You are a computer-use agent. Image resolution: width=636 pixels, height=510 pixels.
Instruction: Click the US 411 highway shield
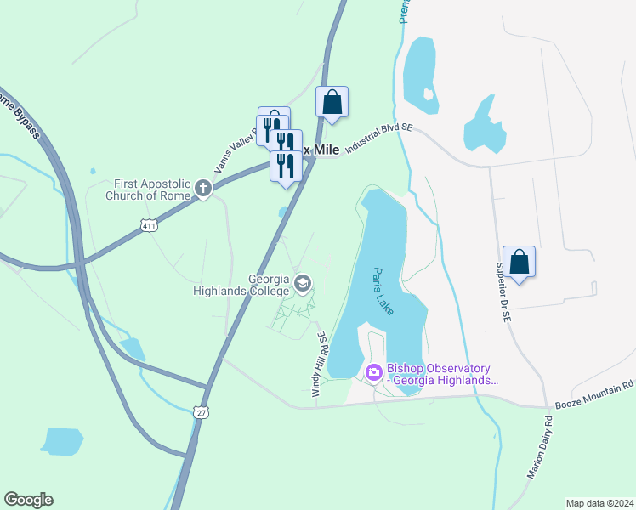pyautogui.click(x=150, y=226)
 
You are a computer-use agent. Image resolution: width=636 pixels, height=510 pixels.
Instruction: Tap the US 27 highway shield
pyautogui.click(x=201, y=412)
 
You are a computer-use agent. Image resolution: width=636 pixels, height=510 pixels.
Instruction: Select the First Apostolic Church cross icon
pyautogui.click(x=203, y=188)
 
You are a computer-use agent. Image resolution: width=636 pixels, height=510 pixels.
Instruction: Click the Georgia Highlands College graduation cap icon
pyautogui.click(x=303, y=282)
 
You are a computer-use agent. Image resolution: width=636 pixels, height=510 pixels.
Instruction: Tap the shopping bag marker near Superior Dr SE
pyautogui.click(x=519, y=263)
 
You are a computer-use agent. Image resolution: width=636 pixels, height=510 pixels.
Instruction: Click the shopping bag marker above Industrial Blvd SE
pyautogui.click(x=332, y=103)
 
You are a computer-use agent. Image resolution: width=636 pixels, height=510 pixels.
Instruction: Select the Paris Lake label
pyautogui.click(x=383, y=292)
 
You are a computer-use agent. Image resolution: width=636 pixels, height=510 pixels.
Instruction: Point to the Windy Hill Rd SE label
pyautogui.click(x=317, y=365)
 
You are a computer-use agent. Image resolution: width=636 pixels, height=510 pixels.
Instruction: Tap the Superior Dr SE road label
pyautogui.click(x=503, y=289)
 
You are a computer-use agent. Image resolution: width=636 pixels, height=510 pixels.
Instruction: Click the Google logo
pyautogui.click(x=28, y=500)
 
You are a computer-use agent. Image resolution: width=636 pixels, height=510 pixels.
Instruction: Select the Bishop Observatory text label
pyautogui.click(x=439, y=374)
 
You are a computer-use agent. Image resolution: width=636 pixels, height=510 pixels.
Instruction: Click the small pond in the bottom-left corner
pyautogui.click(x=61, y=441)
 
